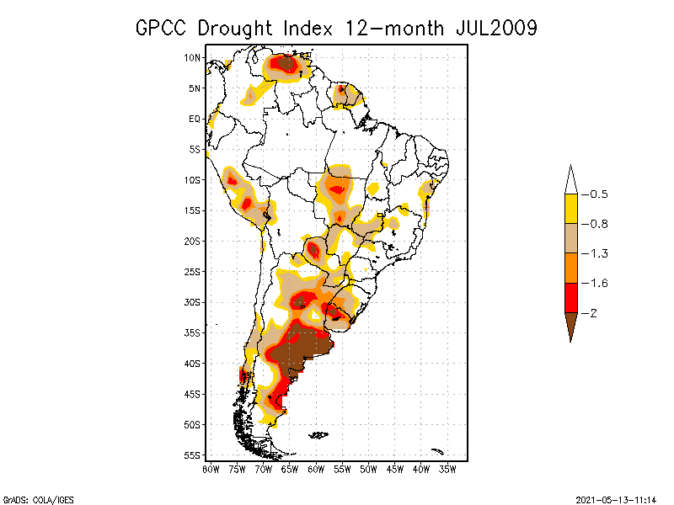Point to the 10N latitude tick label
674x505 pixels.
(192, 57)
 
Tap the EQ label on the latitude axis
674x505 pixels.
(195, 119)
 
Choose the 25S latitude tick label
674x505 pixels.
(192, 271)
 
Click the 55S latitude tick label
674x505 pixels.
(192, 454)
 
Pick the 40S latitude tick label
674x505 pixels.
(192, 363)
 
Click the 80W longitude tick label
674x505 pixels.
(211, 468)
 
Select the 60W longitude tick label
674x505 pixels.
(316, 468)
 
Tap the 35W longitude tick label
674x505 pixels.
(447, 468)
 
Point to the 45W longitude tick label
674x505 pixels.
(395, 468)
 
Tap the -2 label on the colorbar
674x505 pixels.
(593, 312)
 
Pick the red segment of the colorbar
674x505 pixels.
(570, 297)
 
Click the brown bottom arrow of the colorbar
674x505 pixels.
(570, 324)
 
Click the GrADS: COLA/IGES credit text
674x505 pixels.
(31, 499)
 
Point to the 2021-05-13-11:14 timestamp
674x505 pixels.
(616, 499)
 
